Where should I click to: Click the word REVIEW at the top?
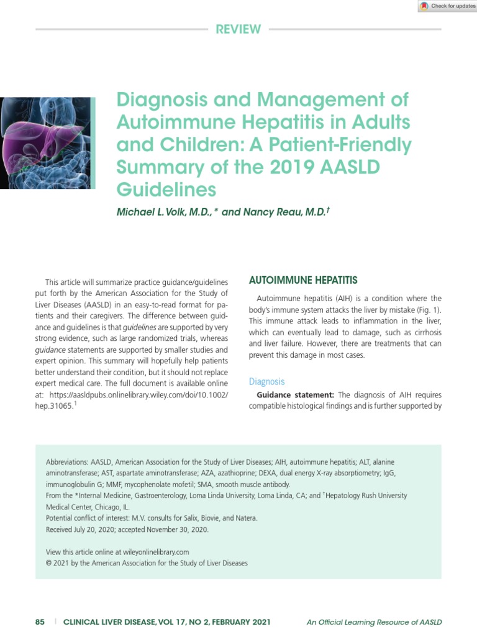coord(238,29)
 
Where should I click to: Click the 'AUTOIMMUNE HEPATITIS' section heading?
coord(303,281)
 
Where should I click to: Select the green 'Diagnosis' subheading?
coord(266,381)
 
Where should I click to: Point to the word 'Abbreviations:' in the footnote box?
coord(67,462)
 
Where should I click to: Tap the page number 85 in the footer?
coord(40,622)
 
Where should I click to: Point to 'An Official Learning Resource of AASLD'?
coord(374,622)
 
